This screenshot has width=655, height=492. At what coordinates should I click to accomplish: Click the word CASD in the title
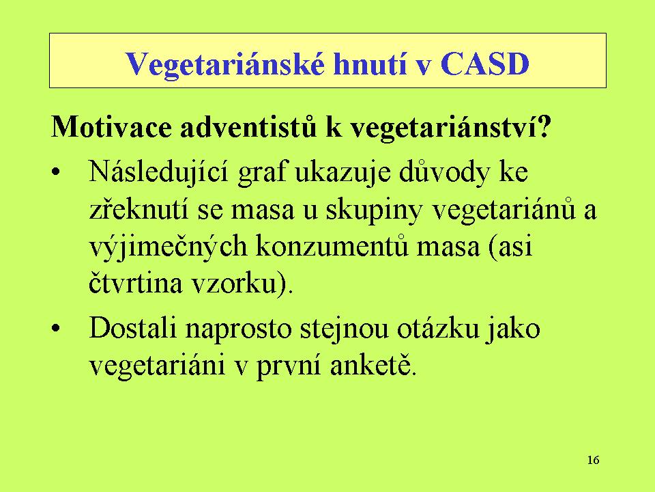click(484, 64)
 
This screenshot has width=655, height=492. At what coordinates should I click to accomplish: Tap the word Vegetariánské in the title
click(224, 65)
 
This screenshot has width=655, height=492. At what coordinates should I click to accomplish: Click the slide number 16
click(593, 460)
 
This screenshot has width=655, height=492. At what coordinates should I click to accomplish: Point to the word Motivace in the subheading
click(111, 126)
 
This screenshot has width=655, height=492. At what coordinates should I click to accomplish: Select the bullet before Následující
click(56, 172)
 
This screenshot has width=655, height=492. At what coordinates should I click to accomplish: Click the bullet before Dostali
click(56, 328)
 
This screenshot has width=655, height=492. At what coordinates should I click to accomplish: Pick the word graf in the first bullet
click(262, 173)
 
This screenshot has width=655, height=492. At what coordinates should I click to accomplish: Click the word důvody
click(444, 173)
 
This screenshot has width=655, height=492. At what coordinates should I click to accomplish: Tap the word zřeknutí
click(139, 209)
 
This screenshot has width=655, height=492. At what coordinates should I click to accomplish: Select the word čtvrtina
click(136, 282)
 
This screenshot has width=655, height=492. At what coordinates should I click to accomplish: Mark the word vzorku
click(235, 282)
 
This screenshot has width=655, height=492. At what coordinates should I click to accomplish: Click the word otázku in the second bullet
click(437, 329)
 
